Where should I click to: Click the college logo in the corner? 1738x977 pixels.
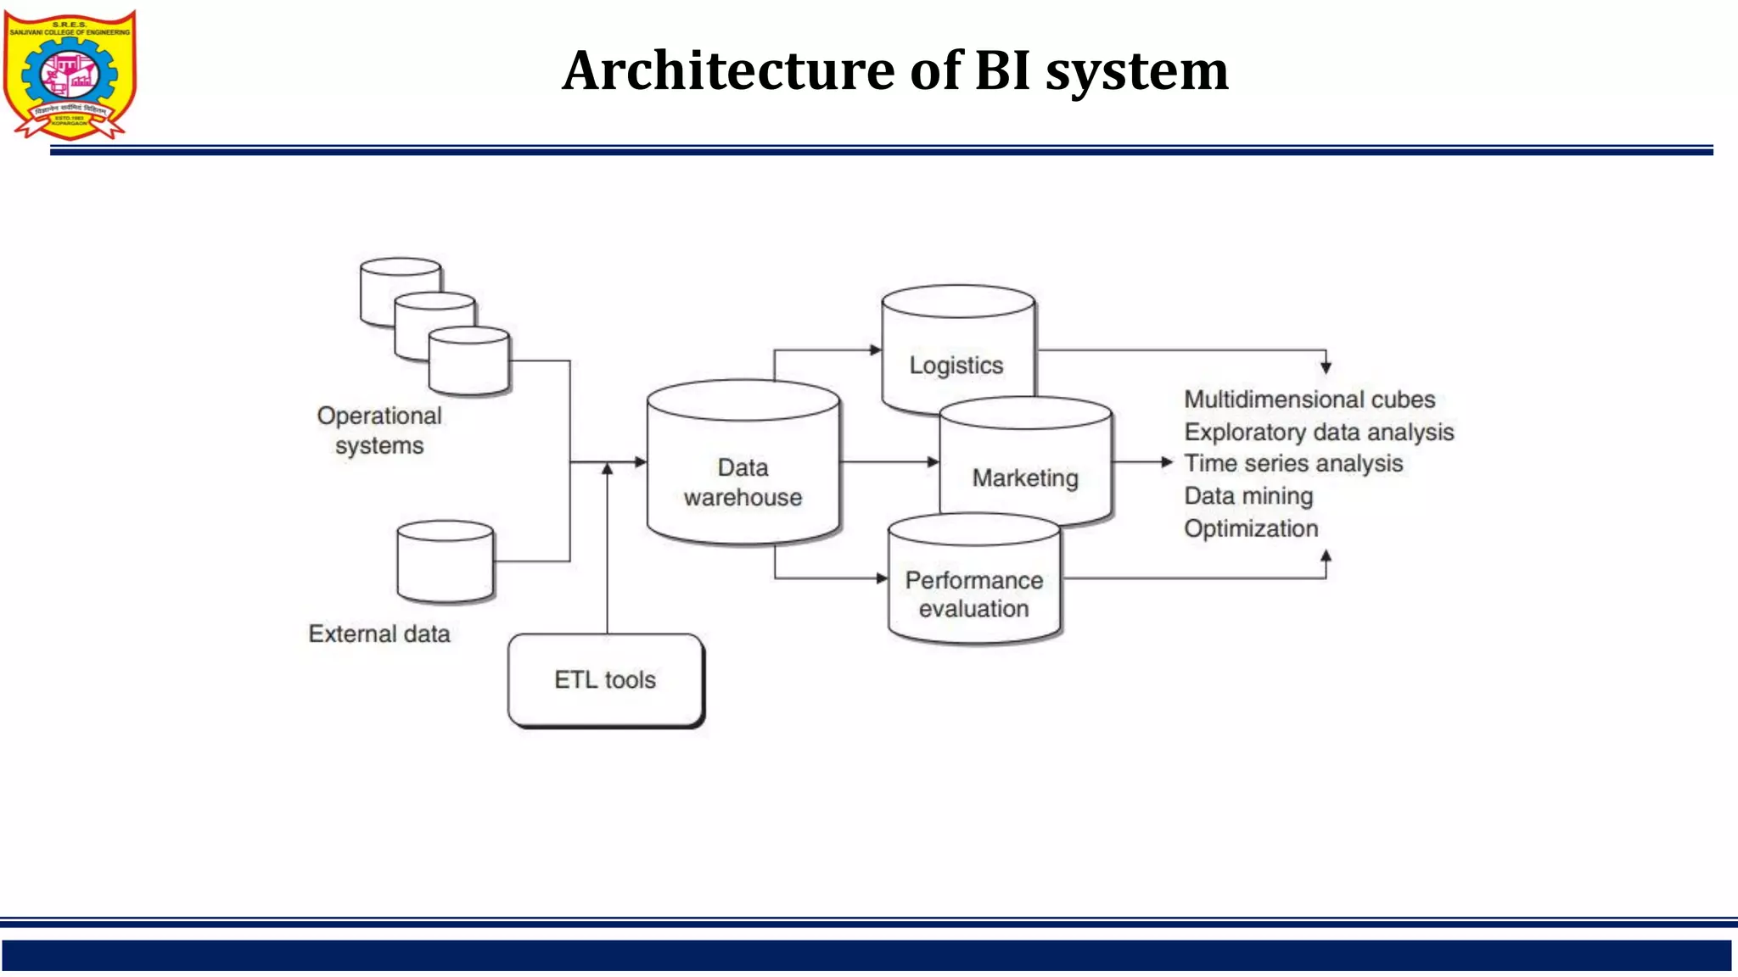(x=70, y=75)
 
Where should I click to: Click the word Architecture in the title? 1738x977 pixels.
(x=728, y=70)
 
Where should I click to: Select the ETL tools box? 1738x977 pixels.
(x=605, y=680)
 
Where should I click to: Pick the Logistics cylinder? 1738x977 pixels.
(x=956, y=356)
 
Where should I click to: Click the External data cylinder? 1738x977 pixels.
(x=445, y=564)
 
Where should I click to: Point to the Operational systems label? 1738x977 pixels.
(x=379, y=431)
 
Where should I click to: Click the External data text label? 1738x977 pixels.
(x=379, y=634)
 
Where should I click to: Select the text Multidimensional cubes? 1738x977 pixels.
(x=1309, y=399)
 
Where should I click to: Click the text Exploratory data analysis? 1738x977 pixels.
(x=1319, y=433)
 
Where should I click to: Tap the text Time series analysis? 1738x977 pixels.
(x=1293, y=464)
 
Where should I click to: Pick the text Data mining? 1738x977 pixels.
(x=1248, y=496)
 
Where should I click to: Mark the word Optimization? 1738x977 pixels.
(x=1251, y=528)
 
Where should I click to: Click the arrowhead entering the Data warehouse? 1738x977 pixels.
(x=641, y=462)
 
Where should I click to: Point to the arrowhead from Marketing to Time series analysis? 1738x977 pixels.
(x=1167, y=462)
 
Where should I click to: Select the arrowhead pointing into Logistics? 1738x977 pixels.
(x=876, y=349)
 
